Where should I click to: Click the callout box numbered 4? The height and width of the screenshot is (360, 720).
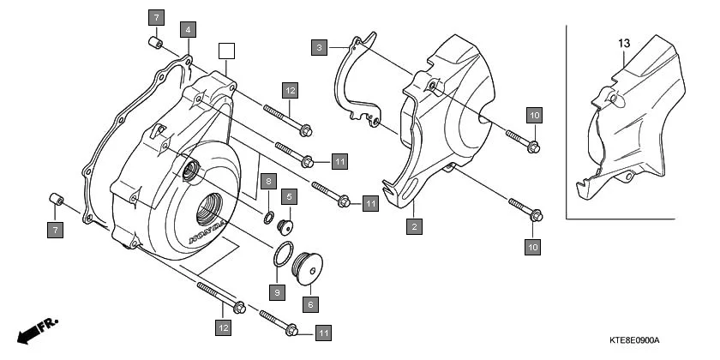[x=189, y=29]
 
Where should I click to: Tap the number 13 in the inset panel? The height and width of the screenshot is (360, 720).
[x=623, y=42]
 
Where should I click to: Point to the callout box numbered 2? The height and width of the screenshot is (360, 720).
[x=413, y=226]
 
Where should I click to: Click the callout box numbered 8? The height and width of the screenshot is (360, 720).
[x=268, y=182]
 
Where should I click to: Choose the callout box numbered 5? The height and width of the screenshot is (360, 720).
[x=290, y=196]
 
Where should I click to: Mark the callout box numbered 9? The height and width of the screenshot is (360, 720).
[x=277, y=292]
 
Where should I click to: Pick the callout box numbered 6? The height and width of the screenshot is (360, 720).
[x=309, y=303]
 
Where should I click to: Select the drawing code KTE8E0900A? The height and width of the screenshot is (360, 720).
[x=634, y=340]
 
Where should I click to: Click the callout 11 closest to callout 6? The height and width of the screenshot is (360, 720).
[x=323, y=332]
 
